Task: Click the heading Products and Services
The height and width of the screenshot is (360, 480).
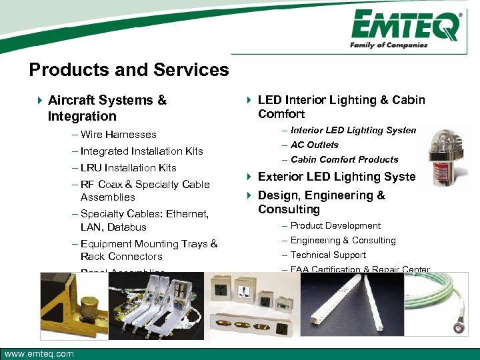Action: click(x=129, y=70)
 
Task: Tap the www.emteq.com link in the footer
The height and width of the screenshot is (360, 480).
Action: click(x=39, y=353)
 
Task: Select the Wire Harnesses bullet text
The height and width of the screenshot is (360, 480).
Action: click(x=118, y=135)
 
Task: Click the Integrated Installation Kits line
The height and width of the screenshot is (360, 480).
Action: click(x=141, y=151)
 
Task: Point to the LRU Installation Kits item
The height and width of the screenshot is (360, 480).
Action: click(x=128, y=168)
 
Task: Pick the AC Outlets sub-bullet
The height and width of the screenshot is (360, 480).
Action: click(x=314, y=145)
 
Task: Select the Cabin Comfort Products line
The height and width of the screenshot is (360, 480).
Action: click(x=344, y=159)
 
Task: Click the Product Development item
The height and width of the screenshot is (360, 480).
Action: click(x=335, y=226)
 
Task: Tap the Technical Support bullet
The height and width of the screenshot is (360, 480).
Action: click(x=328, y=255)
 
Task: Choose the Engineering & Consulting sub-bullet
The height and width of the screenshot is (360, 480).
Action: click(x=343, y=241)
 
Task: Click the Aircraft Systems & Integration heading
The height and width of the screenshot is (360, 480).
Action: click(x=107, y=108)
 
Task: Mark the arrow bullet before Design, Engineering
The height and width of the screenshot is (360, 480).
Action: click(x=249, y=196)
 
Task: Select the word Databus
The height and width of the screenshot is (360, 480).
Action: click(x=127, y=227)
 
